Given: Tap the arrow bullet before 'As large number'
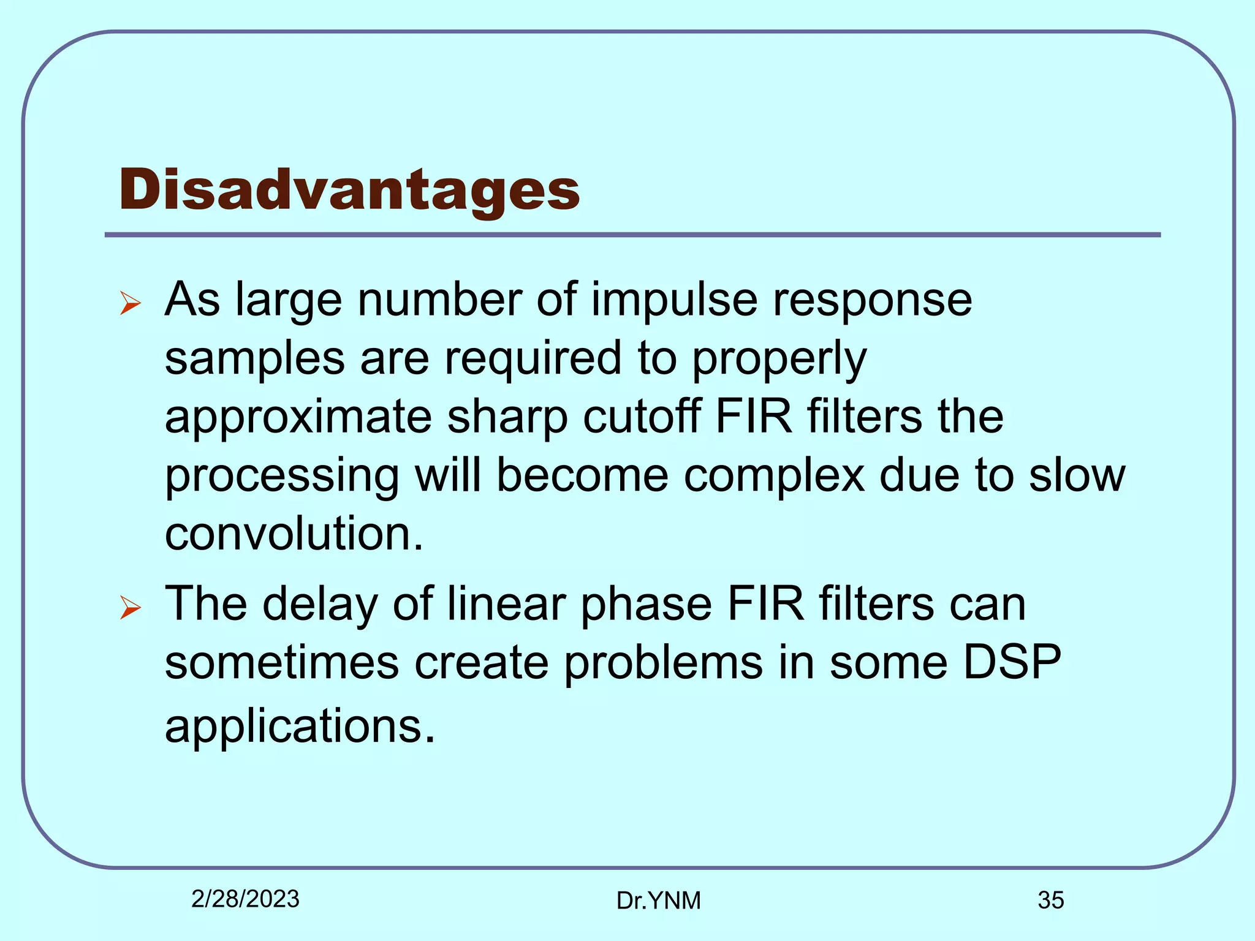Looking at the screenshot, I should (x=131, y=303).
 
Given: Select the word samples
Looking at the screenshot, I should (x=254, y=360).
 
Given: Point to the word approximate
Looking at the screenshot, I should (x=298, y=418).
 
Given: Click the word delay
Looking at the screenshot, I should (x=320, y=605).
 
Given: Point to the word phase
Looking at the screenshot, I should (x=646, y=605).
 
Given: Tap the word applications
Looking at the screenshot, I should (x=299, y=727).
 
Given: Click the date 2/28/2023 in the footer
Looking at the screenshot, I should (x=245, y=899).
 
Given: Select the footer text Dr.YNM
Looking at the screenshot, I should (x=658, y=901).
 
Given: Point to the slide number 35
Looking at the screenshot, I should (x=1050, y=901).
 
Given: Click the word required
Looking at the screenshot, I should (x=533, y=360).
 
